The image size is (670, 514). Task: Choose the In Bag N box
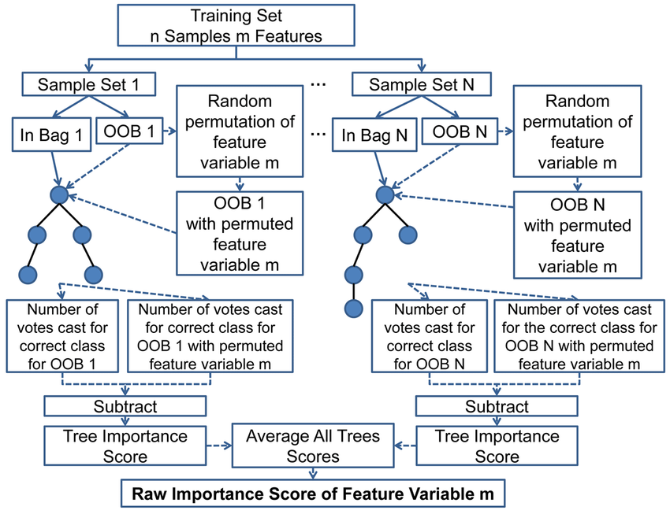tap(374, 135)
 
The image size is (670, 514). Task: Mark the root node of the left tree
tap(60, 194)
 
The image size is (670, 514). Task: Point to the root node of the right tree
tap(385, 195)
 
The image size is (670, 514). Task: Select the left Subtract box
tap(125, 406)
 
